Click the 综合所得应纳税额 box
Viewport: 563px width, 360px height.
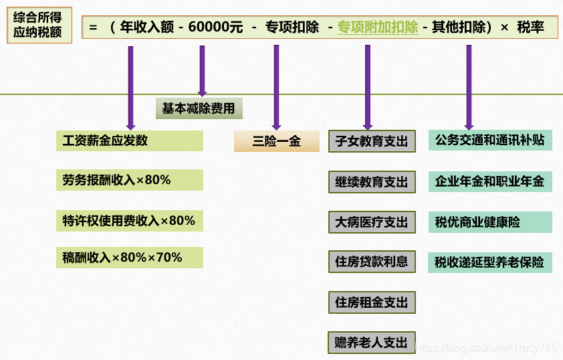tap(39, 25)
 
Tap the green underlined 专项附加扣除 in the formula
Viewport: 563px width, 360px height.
tap(378, 27)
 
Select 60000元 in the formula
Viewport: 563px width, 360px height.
tap(215, 27)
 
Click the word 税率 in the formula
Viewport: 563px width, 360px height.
tap(530, 27)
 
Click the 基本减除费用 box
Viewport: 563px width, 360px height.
tap(199, 108)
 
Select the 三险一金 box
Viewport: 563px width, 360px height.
tap(276, 141)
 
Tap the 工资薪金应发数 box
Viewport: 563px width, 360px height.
tap(130, 141)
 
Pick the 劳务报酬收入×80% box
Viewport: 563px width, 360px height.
tap(130, 180)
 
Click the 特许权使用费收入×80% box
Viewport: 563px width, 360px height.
tap(130, 220)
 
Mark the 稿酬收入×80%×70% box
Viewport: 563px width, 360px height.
tap(130, 258)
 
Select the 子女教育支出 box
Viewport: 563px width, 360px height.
tap(372, 141)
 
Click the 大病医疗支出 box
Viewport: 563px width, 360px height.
tap(372, 222)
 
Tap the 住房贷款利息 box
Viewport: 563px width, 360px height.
tap(372, 262)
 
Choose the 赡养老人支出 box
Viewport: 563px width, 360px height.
tap(372, 343)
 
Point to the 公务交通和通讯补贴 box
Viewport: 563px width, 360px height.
tap(490, 141)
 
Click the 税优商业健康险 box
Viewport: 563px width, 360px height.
tap(490, 222)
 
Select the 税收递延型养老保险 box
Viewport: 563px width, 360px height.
tap(490, 262)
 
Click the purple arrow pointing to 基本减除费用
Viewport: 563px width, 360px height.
tap(202, 70)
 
